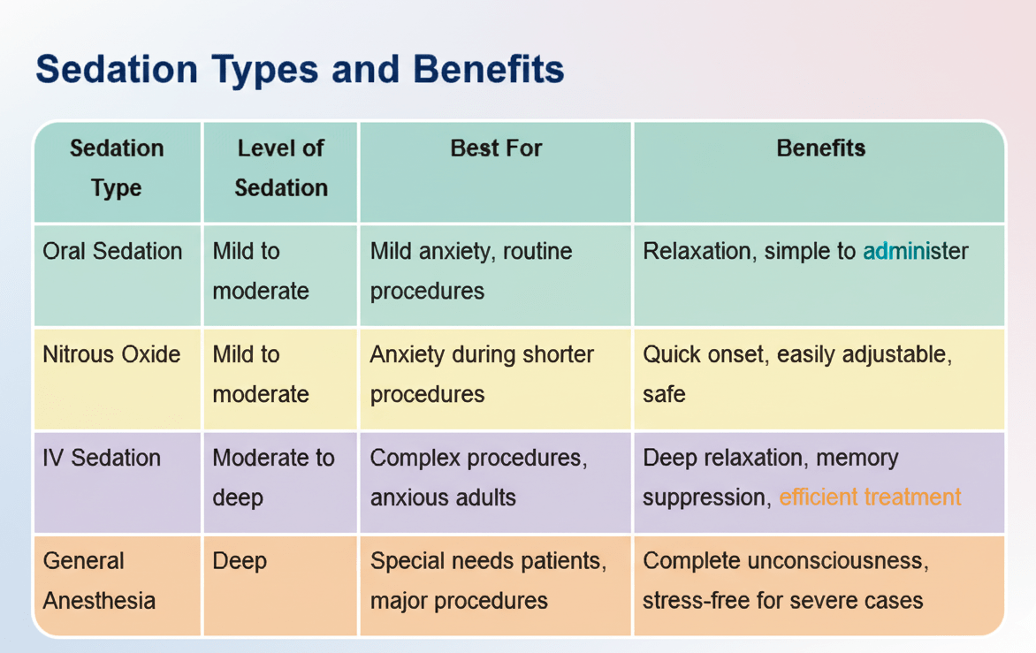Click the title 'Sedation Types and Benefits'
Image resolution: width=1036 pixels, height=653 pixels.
(x=300, y=70)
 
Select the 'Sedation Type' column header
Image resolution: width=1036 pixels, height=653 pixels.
(x=117, y=168)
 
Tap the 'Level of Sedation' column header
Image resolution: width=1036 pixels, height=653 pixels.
(x=281, y=168)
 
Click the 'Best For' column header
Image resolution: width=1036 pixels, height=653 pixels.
(x=496, y=148)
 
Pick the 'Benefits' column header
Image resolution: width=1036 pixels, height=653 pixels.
(x=820, y=148)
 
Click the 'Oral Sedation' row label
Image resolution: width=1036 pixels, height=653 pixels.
(x=112, y=252)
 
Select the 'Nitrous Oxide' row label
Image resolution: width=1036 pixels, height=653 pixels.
(x=111, y=354)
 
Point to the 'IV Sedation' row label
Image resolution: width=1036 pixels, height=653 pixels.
(x=102, y=458)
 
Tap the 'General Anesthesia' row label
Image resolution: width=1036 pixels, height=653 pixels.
(x=99, y=581)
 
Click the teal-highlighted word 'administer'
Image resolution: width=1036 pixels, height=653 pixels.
(x=916, y=252)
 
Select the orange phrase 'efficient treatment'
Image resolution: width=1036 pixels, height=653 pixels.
(x=870, y=497)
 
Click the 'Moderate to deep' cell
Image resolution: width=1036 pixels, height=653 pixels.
(x=273, y=477)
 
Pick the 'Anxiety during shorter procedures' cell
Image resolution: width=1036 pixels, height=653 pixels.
(x=482, y=375)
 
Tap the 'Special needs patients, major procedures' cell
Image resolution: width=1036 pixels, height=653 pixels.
(x=488, y=581)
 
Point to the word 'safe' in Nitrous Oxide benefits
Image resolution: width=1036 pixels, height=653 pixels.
(x=664, y=395)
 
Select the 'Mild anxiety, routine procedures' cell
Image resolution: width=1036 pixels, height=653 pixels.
(x=471, y=271)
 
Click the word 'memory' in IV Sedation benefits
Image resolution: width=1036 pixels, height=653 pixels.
(x=857, y=459)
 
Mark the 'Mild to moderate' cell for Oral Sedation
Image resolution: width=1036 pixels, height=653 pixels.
(x=261, y=271)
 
